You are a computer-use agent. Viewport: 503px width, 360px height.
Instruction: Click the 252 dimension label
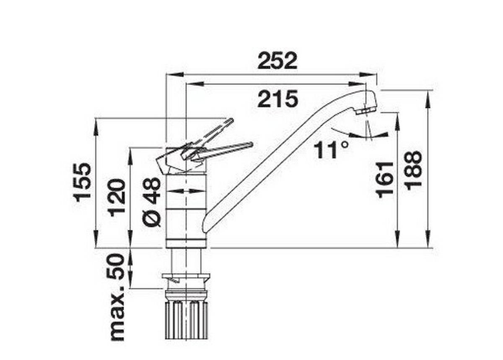[277, 61]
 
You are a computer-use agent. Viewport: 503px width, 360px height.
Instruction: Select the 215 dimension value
[277, 99]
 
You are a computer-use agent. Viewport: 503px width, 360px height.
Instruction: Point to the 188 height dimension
[413, 170]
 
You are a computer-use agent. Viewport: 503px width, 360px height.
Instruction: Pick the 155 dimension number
[83, 182]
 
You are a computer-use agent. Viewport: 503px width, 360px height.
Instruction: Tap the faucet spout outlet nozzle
[366, 110]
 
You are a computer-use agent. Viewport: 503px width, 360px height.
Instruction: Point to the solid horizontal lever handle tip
[250, 145]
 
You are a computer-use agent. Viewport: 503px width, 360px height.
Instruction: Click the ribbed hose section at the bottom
[186, 321]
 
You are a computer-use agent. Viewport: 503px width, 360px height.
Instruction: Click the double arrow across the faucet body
[186, 191]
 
